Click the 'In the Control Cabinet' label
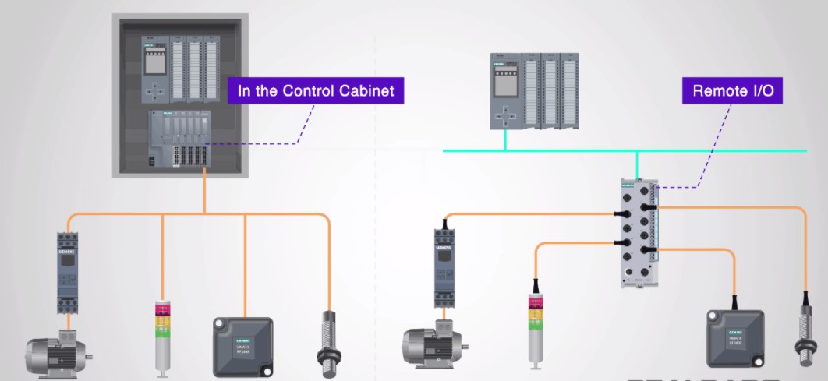pyautogui.click(x=316, y=91)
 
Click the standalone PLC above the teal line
pyautogui.click(x=536, y=90)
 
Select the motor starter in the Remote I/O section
pyautogui.click(x=444, y=265)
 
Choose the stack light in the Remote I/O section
pyautogui.click(x=534, y=327)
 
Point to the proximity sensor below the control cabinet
pyautogui.click(x=328, y=339)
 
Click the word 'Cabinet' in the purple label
pyautogui.click(x=367, y=91)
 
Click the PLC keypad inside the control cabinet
pyautogui.click(x=158, y=90)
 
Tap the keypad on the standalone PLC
pyautogui.click(x=507, y=115)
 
